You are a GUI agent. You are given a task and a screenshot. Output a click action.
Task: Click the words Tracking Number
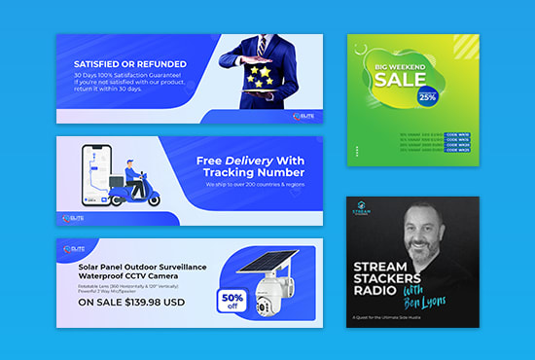tap(248, 172)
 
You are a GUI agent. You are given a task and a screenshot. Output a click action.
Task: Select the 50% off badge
tap(232, 298)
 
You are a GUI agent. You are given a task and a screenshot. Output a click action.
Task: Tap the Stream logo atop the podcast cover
tap(361, 208)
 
